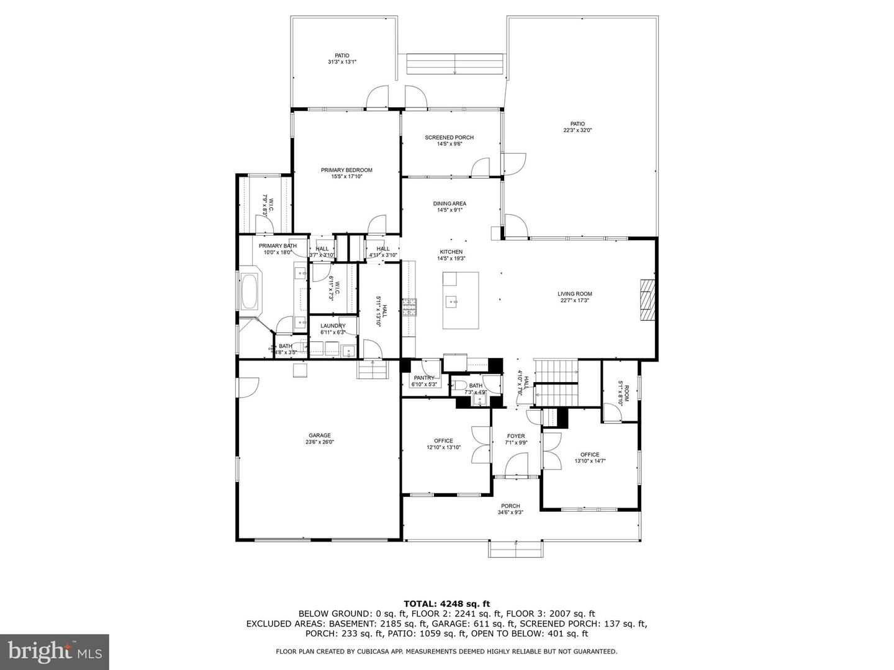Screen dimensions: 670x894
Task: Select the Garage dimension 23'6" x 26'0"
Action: (320, 442)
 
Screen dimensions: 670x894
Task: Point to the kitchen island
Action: (461, 300)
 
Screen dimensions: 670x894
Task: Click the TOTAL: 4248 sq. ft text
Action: (446, 603)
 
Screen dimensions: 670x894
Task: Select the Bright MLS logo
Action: (55, 651)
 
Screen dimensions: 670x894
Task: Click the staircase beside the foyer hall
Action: (557, 382)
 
